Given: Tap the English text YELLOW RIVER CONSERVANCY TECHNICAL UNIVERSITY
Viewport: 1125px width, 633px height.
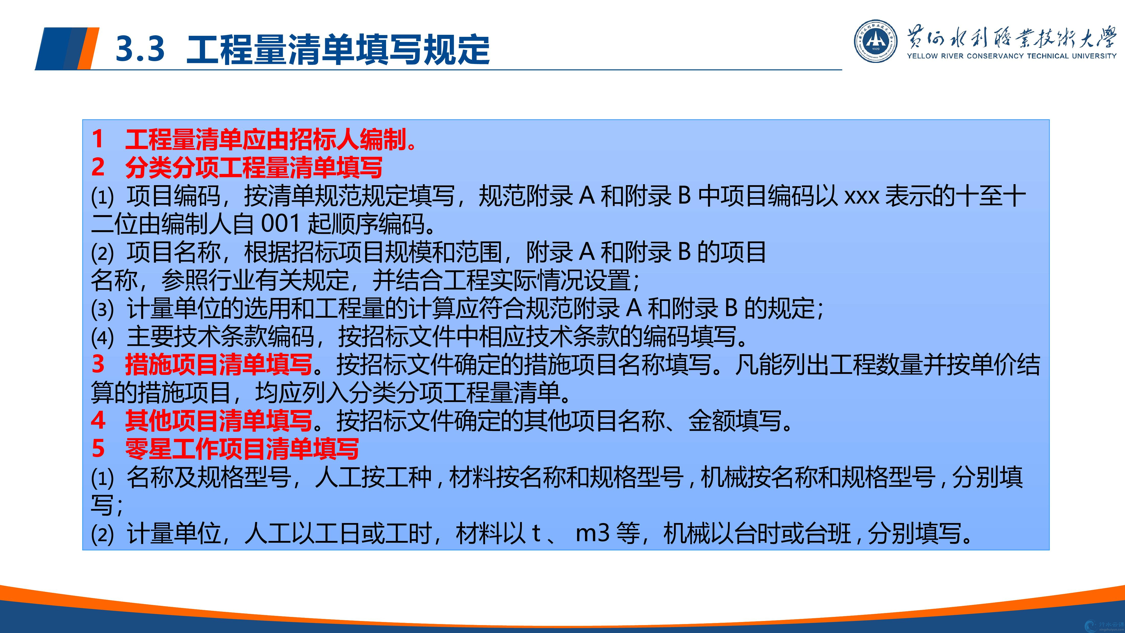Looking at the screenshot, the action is pos(1011,56).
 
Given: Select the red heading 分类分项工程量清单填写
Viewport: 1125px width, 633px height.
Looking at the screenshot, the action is pos(254,168).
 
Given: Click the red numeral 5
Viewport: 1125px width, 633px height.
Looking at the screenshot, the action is pos(98,449).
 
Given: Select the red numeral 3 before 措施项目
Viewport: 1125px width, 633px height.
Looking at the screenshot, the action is pos(98,364).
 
